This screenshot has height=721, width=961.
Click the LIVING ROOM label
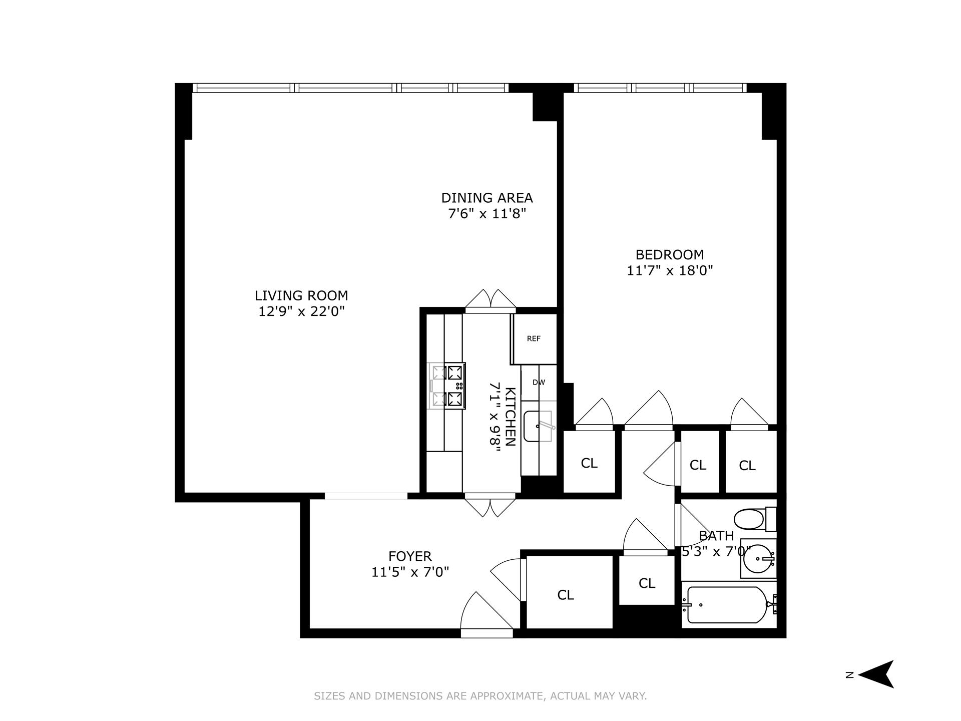pyautogui.click(x=301, y=295)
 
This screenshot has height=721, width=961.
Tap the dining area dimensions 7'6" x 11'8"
pyautogui.click(x=487, y=214)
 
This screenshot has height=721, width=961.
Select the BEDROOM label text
pyautogui.click(x=669, y=254)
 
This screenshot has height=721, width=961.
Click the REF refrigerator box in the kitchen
pyautogui.click(x=534, y=339)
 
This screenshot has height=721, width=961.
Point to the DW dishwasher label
pyautogui.click(x=539, y=383)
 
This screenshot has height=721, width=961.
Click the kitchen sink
pyautogui.click(x=537, y=426)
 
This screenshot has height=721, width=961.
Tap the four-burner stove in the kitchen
pyautogui.click(x=447, y=386)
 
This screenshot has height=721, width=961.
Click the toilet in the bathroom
pyautogui.click(x=751, y=519)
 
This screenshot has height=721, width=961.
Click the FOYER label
pyautogui.click(x=410, y=556)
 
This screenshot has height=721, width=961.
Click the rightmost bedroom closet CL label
pyautogui.click(x=747, y=466)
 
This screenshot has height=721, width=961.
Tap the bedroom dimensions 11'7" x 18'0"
pyautogui.click(x=669, y=271)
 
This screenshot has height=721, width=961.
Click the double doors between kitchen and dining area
pyautogui.click(x=491, y=300)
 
